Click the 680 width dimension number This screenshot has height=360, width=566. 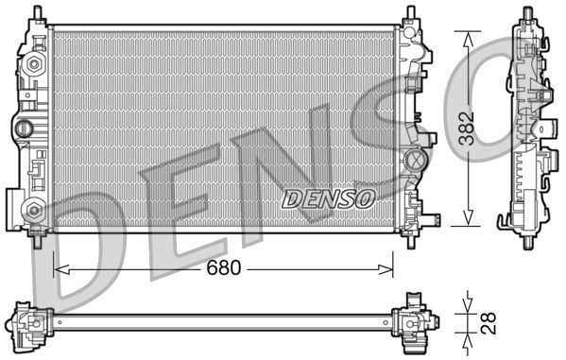point(224,267)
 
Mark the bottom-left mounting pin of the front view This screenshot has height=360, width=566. point(38,238)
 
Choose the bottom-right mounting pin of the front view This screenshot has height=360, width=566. point(409,238)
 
